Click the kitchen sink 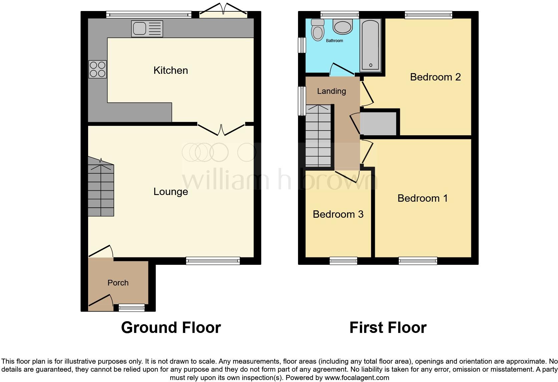tap(147, 28)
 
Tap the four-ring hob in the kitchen tap(97, 69)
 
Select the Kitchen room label tap(171, 70)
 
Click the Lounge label tap(171, 192)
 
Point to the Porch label tap(118, 283)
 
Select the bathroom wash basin tap(342, 27)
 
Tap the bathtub tap(370, 45)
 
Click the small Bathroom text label tap(334, 41)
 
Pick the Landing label tap(331, 91)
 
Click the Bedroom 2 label tap(435, 77)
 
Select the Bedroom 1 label tap(423, 198)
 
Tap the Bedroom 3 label tap(338, 214)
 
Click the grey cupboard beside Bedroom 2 tap(378, 124)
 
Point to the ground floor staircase tap(101, 190)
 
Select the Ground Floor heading tap(171, 328)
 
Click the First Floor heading tap(388, 328)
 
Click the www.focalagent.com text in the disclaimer tap(357, 378)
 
